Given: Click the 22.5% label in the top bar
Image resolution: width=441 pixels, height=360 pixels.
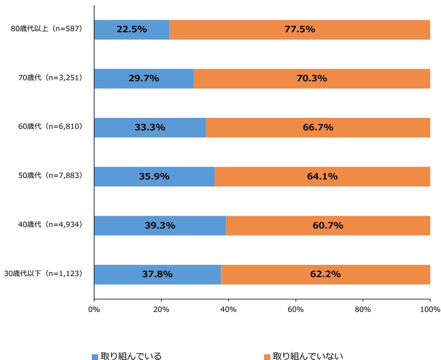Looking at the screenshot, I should (x=132, y=30).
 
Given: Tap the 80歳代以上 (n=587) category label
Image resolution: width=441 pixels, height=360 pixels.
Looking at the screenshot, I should (x=47, y=30).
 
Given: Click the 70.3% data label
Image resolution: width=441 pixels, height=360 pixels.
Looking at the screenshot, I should (x=311, y=78).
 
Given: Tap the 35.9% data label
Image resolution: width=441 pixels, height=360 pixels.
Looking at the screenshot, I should (x=154, y=176).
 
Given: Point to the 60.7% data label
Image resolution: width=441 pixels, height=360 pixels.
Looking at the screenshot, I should (x=328, y=226).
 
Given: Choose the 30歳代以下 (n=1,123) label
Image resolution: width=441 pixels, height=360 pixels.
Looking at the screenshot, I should (x=47, y=274).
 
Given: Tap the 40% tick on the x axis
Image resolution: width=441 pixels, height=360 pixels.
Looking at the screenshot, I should (x=228, y=309).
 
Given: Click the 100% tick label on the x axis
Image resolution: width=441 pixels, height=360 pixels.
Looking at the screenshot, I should (x=430, y=309).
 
